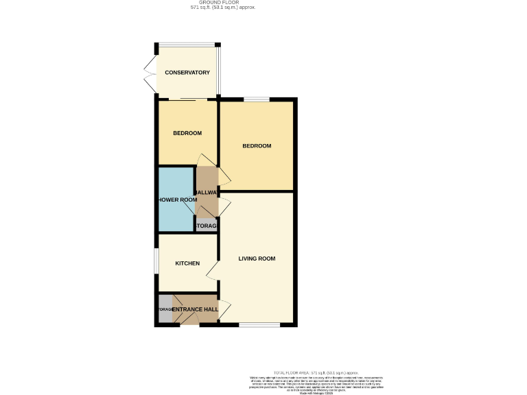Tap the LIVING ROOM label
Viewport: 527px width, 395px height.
(257, 259)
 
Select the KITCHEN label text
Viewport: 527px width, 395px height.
(187, 263)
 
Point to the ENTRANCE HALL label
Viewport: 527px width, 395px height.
(196, 310)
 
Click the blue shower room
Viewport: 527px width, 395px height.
(175, 200)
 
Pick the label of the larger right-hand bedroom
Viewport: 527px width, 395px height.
(257, 146)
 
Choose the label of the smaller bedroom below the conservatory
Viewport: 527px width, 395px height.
(187, 133)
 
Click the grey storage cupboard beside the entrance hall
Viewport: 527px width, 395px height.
(165, 309)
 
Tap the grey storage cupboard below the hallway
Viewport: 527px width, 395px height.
(207, 225)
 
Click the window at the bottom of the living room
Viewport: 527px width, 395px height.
(259, 324)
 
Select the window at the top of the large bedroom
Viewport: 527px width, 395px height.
(257, 100)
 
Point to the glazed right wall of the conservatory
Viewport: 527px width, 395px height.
(219, 71)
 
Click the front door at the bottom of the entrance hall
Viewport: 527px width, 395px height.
(190, 322)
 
